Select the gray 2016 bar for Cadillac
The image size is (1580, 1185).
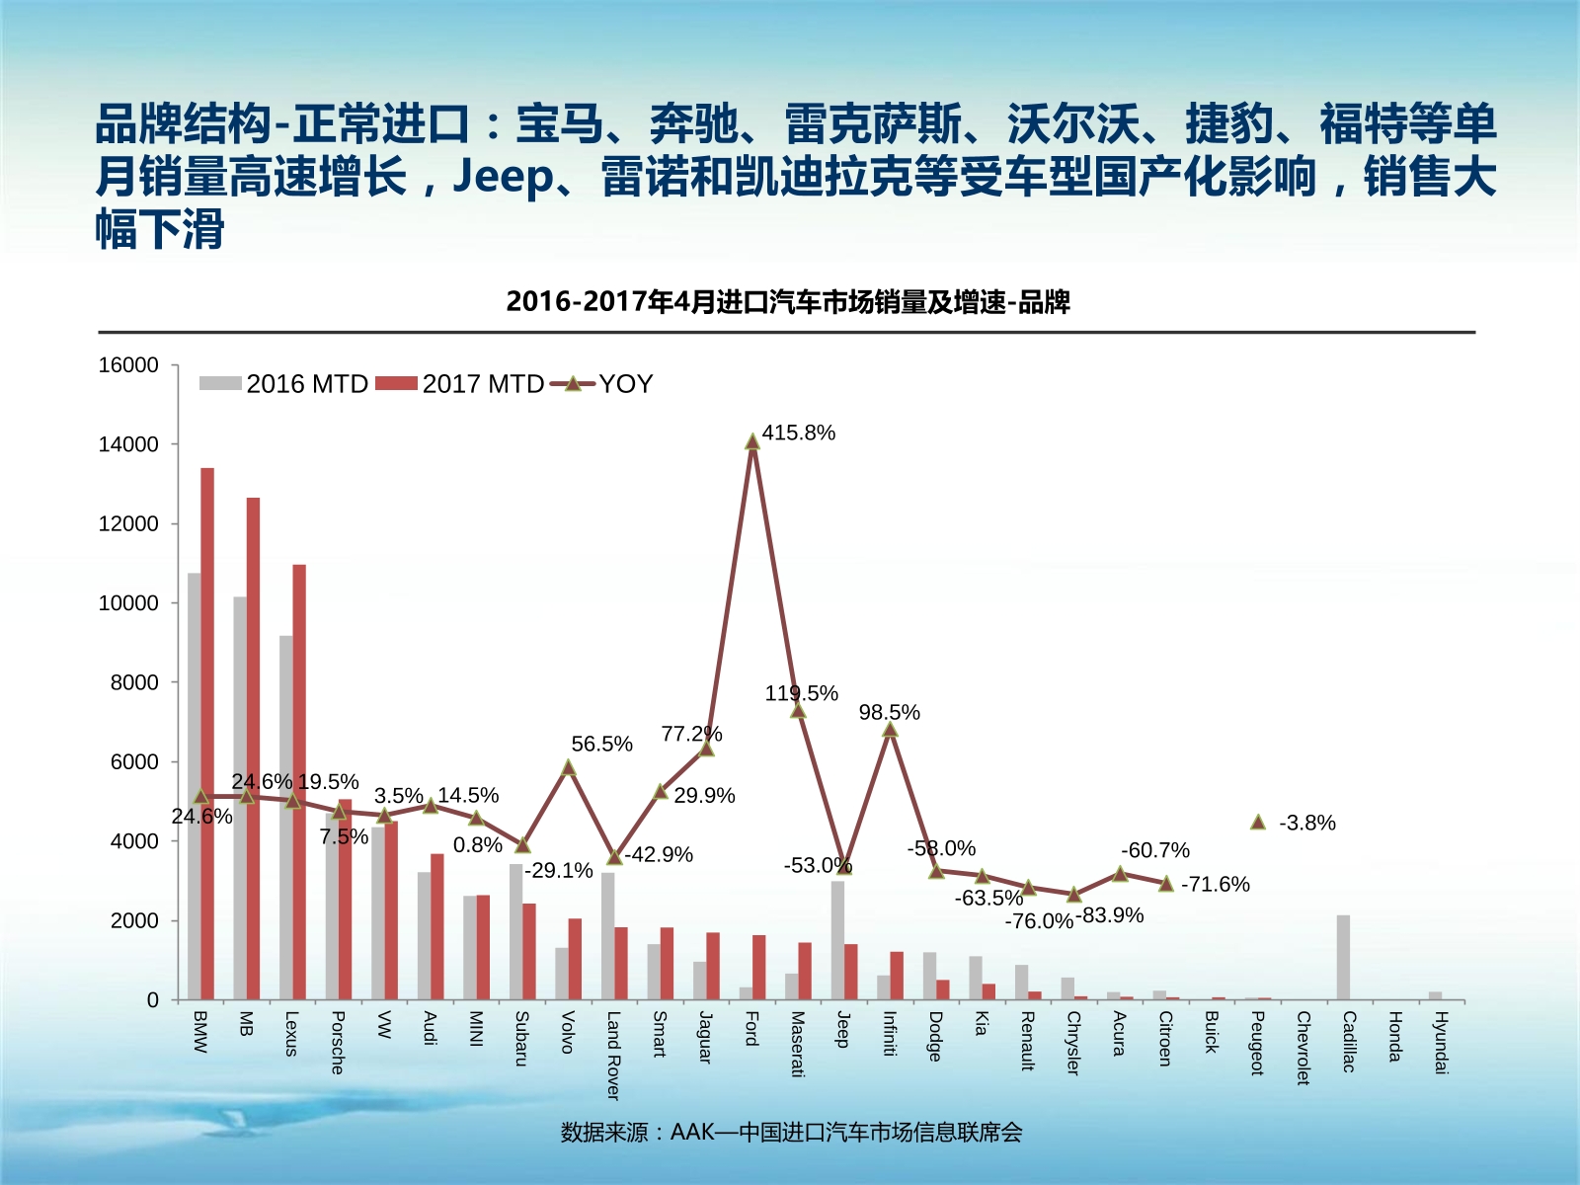click(1343, 958)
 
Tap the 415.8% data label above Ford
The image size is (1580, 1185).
click(798, 433)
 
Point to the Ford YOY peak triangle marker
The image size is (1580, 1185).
click(752, 441)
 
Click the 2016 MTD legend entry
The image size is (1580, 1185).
click(284, 384)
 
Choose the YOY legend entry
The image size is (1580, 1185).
click(601, 384)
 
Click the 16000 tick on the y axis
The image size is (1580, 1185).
click(128, 365)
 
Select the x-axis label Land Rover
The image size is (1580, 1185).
click(613, 1055)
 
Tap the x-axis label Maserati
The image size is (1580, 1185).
click(797, 1044)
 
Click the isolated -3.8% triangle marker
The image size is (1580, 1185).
click(1257, 822)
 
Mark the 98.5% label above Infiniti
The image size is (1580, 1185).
click(889, 712)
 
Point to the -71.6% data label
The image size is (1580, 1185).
click(1215, 884)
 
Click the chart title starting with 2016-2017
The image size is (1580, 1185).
click(787, 301)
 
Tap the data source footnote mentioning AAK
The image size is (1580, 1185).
click(791, 1132)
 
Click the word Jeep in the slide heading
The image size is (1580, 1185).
click(504, 178)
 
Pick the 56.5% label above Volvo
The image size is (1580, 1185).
click(601, 744)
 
